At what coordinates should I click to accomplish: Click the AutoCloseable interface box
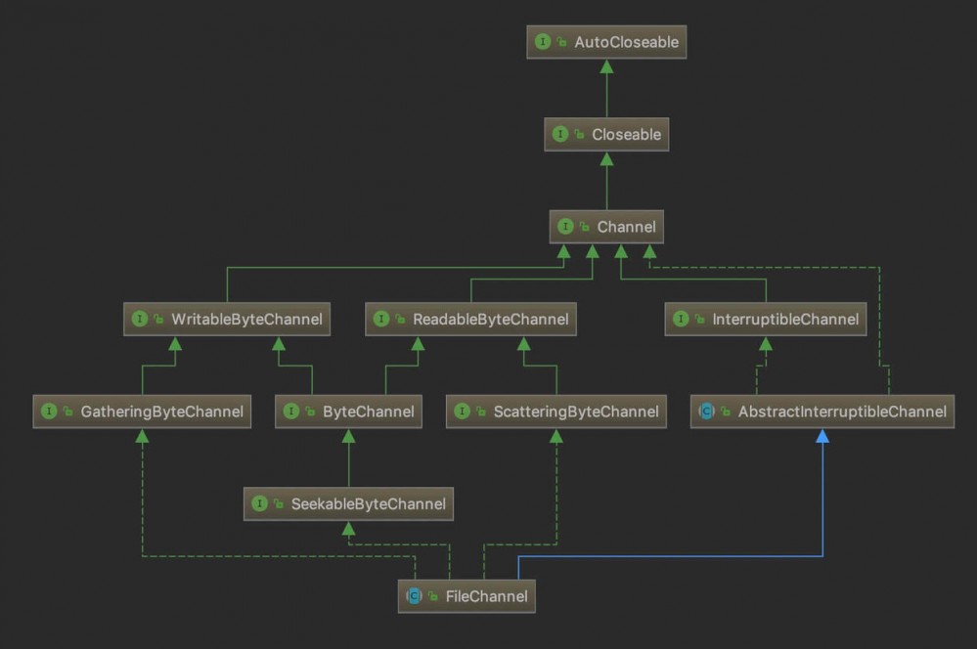pyautogui.click(x=606, y=42)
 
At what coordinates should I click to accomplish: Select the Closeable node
pyautogui.click(x=606, y=134)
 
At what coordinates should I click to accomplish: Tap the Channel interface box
pyautogui.click(x=606, y=227)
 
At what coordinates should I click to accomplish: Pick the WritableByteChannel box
pyautogui.click(x=227, y=319)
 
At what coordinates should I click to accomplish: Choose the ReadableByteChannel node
pyautogui.click(x=470, y=319)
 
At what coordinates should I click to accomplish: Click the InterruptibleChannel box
pyautogui.click(x=765, y=319)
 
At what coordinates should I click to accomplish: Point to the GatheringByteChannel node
pyautogui.click(x=142, y=411)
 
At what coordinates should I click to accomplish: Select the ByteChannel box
pyautogui.click(x=348, y=411)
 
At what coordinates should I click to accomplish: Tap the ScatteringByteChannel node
pyautogui.click(x=555, y=411)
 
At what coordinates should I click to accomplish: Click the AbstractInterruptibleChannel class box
pyautogui.click(x=822, y=411)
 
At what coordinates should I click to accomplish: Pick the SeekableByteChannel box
pyautogui.click(x=348, y=504)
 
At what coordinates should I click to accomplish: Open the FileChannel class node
pyautogui.click(x=466, y=596)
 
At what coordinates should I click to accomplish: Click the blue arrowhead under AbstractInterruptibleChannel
pyautogui.click(x=822, y=436)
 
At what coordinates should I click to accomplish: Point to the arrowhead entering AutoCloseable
pyautogui.click(x=606, y=66)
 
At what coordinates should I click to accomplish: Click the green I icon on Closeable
pyautogui.click(x=560, y=134)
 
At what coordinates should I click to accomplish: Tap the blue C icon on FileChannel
pyautogui.click(x=414, y=596)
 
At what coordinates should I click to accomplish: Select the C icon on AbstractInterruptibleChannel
pyautogui.click(x=706, y=411)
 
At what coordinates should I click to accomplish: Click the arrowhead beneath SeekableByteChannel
pyautogui.click(x=348, y=529)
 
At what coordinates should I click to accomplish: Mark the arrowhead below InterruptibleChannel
pyautogui.click(x=765, y=344)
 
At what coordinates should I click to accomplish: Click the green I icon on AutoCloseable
pyautogui.click(x=543, y=42)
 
